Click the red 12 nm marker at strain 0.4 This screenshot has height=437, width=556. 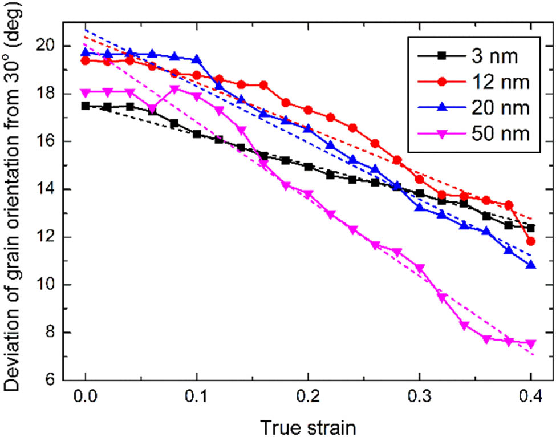pos(531,241)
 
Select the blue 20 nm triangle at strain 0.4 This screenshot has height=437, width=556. pos(531,265)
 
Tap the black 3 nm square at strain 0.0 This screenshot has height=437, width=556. pos(86,106)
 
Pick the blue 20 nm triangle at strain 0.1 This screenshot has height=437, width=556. pos(197,59)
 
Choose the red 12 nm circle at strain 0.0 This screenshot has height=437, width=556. pos(86,60)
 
